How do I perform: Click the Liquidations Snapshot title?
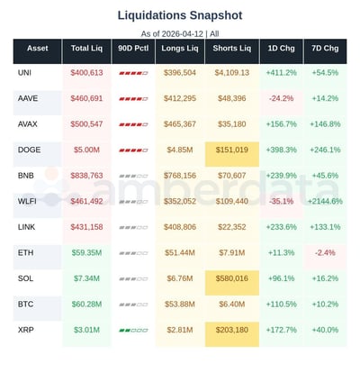[x=179, y=15]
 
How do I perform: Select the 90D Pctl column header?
[x=132, y=48]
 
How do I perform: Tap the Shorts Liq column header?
[x=231, y=48]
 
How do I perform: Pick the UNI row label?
[x=25, y=72]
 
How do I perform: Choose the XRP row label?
[x=26, y=330]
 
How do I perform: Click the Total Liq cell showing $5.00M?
[x=86, y=150]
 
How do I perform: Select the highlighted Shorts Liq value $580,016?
[x=231, y=278]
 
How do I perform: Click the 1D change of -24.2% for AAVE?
[x=281, y=98]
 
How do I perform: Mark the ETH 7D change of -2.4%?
[x=327, y=253]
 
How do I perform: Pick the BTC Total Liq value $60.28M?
[x=86, y=305]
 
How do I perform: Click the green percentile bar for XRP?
[x=132, y=331]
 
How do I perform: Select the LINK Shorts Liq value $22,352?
[x=231, y=227]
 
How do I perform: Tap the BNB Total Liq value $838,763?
[x=86, y=176]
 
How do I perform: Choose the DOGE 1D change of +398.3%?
[x=281, y=150]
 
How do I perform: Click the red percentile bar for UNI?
[x=132, y=73]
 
